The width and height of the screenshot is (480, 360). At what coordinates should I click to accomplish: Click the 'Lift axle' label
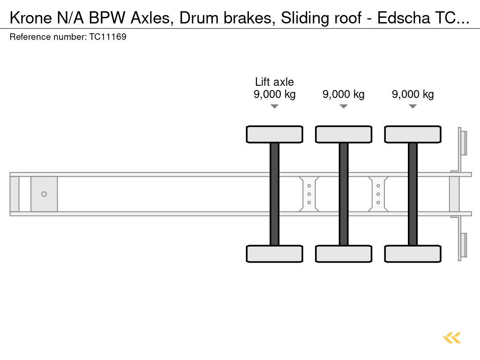(x=274, y=82)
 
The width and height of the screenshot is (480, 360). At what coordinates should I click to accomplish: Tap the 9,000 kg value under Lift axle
(x=274, y=94)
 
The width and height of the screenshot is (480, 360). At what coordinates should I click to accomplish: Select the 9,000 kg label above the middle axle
(x=343, y=94)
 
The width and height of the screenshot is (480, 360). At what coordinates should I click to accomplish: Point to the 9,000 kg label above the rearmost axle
(x=412, y=94)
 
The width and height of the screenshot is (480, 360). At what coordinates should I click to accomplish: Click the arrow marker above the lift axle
(x=274, y=106)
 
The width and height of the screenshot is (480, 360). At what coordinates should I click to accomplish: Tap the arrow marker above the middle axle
(x=344, y=106)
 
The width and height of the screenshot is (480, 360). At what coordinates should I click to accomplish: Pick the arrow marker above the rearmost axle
(x=412, y=106)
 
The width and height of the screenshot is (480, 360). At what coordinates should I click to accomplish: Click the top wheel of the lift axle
(x=274, y=134)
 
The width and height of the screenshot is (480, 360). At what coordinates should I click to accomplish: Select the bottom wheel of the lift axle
(x=274, y=254)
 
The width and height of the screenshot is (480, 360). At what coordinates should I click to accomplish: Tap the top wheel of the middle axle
(x=344, y=134)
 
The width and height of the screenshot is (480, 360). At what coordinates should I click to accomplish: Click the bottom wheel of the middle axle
(x=344, y=254)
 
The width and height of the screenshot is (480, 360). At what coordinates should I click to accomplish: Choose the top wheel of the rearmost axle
(x=412, y=134)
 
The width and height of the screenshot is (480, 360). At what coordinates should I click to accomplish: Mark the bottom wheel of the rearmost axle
(x=412, y=254)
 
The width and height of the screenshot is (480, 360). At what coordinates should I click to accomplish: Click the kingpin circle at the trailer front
(x=44, y=194)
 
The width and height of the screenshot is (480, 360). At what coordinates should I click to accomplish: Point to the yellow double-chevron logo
(x=452, y=337)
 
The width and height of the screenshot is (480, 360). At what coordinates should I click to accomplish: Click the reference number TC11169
(x=107, y=37)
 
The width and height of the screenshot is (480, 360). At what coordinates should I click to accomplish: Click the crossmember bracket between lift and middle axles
(x=309, y=194)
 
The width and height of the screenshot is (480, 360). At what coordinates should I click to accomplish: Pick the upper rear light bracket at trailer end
(x=463, y=142)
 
